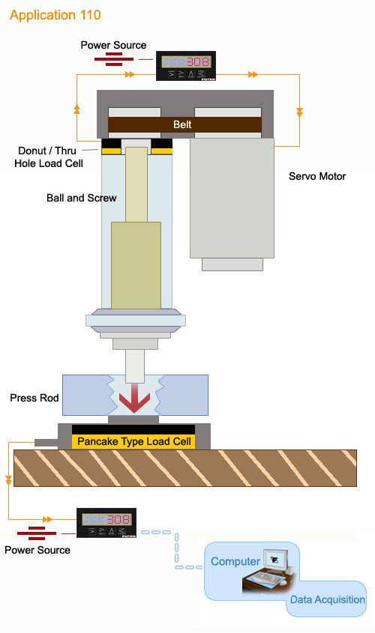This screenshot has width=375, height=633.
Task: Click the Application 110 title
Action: (55, 15)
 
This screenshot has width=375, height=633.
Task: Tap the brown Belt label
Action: (182, 124)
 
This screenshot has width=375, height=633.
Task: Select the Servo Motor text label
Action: (317, 176)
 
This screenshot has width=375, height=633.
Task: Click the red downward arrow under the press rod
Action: (134, 398)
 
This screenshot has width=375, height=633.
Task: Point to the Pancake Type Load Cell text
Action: (134, 441)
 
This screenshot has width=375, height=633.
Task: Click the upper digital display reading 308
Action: (186, 66)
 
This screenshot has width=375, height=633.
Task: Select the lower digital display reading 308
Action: (106, 523)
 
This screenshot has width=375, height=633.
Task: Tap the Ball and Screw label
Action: (81, 198)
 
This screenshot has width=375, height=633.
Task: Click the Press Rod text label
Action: (34, 398)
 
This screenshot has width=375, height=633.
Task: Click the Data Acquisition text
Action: (327, 599)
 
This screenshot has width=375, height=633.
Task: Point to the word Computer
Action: (235, 561)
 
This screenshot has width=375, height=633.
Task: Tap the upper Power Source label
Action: (113, 45)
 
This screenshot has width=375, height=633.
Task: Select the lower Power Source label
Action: (37, 550)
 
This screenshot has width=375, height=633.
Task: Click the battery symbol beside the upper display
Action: (114, 59)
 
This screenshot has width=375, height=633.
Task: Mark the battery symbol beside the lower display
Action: (37, 533)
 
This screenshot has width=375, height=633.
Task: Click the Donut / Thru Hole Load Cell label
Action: (49, 157)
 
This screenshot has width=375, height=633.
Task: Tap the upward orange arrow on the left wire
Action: (76, 109)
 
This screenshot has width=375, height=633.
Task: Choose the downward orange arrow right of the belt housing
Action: (299, 112)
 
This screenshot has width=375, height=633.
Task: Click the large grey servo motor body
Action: (232, 198)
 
